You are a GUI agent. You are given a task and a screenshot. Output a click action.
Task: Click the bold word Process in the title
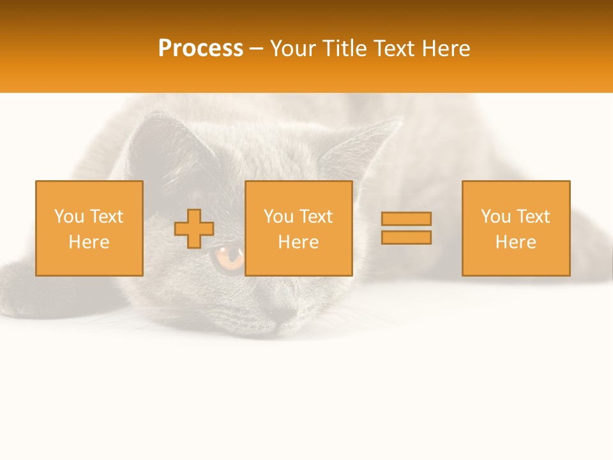201,49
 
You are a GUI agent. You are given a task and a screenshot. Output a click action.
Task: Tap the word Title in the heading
343,49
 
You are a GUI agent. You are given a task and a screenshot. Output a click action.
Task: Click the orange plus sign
194,229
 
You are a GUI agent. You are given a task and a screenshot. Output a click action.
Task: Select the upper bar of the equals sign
406,218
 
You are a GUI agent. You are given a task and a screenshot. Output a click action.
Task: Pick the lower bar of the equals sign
406,238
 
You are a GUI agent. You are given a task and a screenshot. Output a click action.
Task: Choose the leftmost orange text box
89,228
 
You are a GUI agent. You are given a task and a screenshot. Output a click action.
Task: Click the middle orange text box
298,228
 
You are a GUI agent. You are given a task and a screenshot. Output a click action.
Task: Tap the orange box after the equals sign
516,228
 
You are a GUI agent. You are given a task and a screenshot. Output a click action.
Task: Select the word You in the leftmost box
69,217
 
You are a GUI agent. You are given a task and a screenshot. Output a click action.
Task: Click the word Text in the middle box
316,217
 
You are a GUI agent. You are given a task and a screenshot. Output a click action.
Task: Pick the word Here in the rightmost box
516,242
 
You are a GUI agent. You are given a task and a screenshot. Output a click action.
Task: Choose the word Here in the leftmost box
89,242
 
